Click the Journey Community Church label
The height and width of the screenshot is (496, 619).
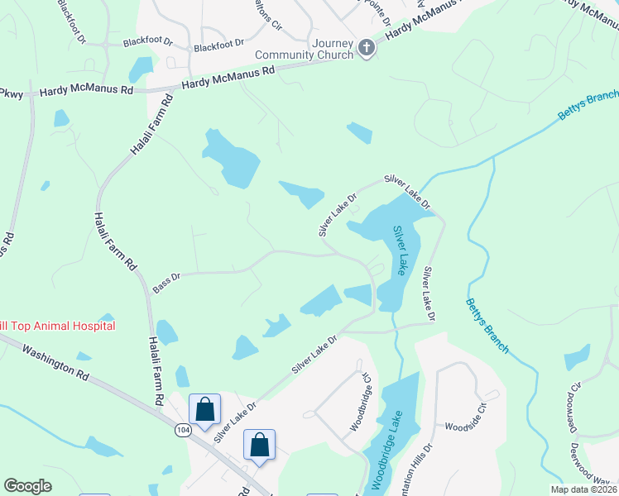click(308, 50)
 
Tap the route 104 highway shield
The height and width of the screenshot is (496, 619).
click(184, 431)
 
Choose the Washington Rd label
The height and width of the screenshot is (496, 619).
click(55, 363)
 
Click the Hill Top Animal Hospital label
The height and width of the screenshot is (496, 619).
click(56, 326)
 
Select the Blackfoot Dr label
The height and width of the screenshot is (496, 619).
click(219, 45)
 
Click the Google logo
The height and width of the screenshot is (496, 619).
click(27, 486)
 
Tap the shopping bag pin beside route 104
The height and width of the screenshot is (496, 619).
click(204, 408)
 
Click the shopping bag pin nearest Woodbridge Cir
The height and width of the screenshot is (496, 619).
click(259, 445)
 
